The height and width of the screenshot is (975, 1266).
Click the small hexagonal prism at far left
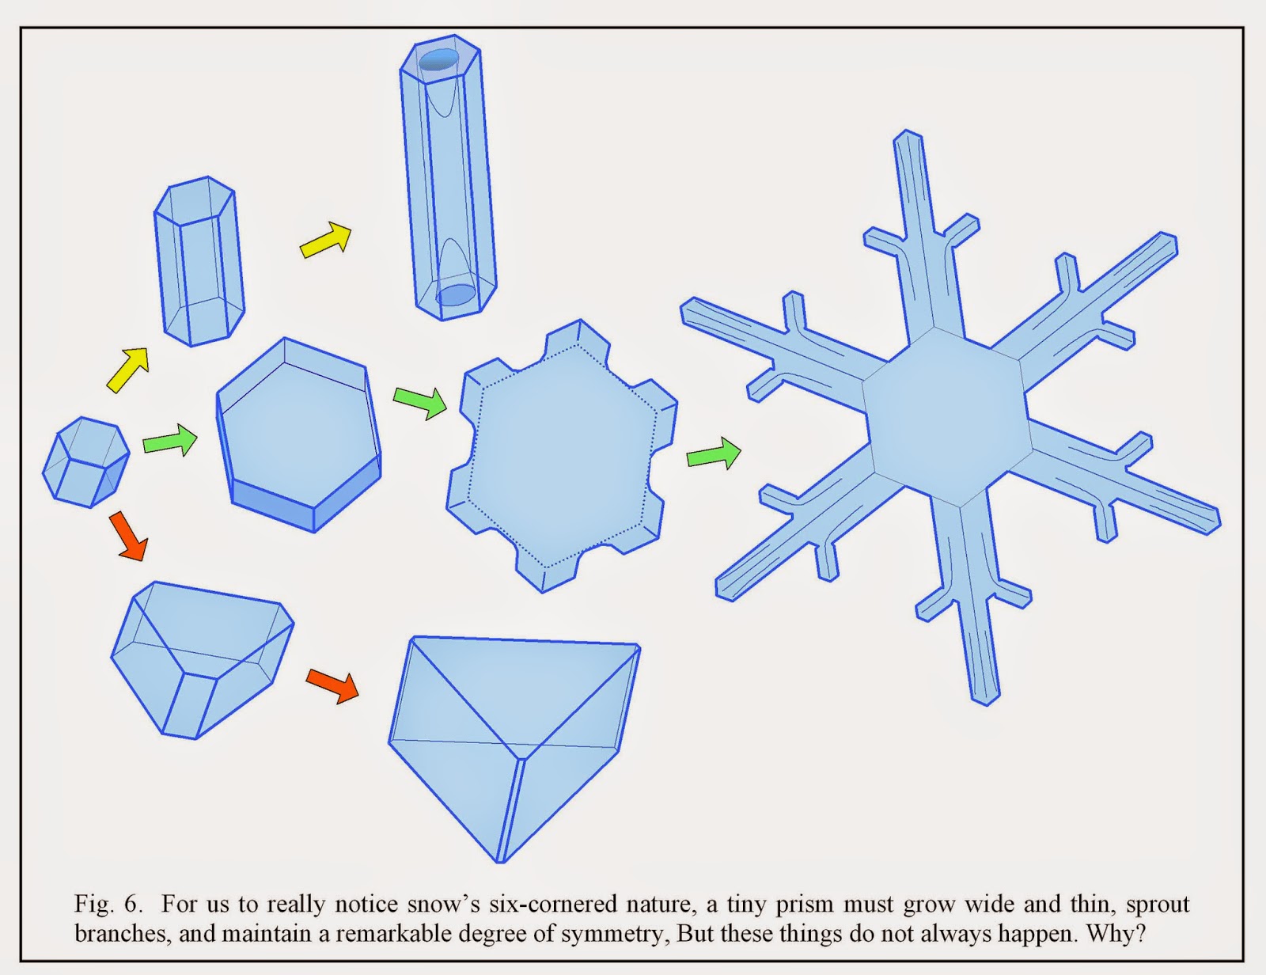(85, 462)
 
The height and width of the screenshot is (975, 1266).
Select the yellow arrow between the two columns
(326, 238)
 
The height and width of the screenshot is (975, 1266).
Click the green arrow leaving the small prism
(170, 440)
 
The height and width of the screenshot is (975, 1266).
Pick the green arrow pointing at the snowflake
(714, 453)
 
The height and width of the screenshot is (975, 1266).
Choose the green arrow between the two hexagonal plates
(420, 401)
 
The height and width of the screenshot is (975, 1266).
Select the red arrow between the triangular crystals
(332, 685)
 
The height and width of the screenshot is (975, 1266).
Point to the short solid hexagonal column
(199, 261)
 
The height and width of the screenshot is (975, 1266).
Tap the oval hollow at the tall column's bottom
(456, 294)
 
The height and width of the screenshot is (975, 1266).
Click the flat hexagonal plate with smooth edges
(299, 434)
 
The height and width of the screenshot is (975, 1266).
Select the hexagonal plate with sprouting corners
(562, 456)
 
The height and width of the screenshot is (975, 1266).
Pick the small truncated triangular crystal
(202, 660)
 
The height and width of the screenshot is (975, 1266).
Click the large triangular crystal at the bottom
(514, 749)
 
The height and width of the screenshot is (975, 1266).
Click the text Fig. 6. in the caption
(108, 904)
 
